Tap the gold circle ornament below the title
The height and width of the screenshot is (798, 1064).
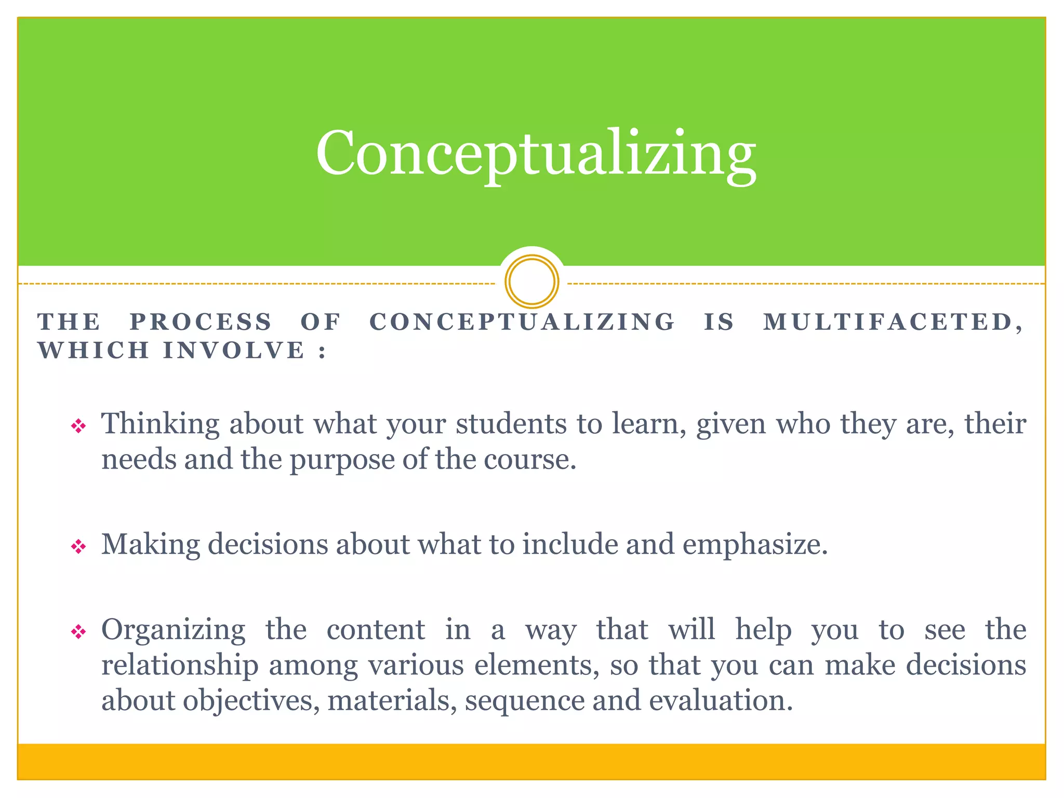[531, 281]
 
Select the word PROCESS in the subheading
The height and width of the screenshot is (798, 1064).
[201, 322]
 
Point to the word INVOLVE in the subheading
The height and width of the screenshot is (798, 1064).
[234, 350]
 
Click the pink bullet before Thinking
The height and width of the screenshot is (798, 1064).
[78, 427]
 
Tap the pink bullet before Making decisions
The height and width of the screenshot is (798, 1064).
[78, 547]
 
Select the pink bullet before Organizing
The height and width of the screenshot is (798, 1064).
[78, 632]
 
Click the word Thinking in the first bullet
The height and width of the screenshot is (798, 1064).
[160, 424]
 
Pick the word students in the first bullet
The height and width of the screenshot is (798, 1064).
[511, 424]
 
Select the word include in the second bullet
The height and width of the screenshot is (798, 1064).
[570, 544]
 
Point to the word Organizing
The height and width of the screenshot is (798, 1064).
[173, 631]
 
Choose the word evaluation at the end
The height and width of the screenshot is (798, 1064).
[721, 701]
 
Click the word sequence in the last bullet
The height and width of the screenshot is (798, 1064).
[525, 701]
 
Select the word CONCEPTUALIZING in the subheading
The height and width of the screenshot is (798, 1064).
[522, 322]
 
